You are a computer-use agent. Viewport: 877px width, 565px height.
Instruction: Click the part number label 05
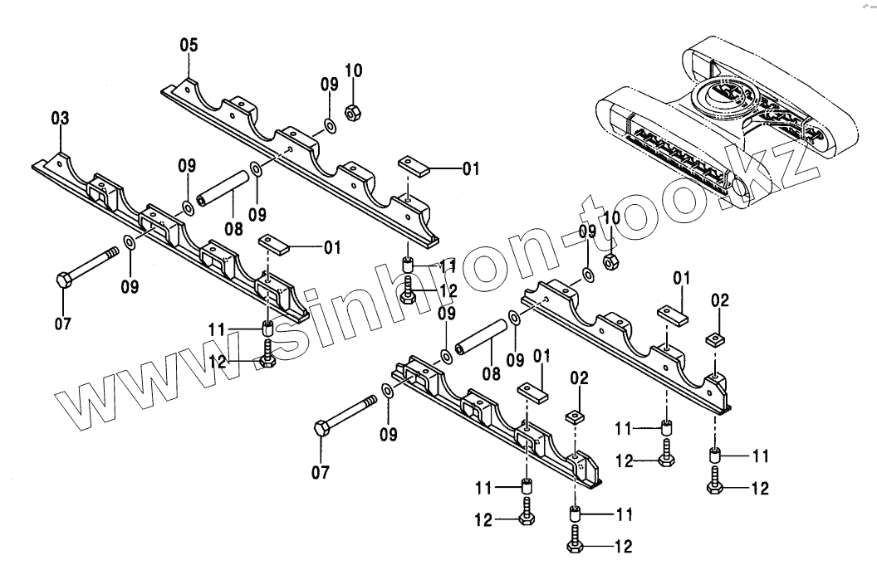pyautogui.click(x=189, y=46)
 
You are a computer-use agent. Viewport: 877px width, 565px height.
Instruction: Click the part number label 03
pyautogui.click(x=60, y=119)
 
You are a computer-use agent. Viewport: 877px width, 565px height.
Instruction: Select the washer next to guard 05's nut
pyautogui.click(x=328, y=126)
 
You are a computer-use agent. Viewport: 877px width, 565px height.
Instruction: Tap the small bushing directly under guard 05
pyautogui.click(x=409, y=265)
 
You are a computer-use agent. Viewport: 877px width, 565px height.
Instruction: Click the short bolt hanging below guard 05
pyautogui.click(x=408, y=290)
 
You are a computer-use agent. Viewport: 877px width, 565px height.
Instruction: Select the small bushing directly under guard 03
pyautogui.click(x=268, y=326)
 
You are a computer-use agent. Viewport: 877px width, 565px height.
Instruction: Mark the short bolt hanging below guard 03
pyautogui.click(x=268, y=354)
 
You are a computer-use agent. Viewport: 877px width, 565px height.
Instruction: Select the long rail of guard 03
pyautogui.click(x=166, y=241)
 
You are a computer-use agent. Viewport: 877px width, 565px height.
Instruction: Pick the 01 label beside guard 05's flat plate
pyautogui.click(x=471, y=168)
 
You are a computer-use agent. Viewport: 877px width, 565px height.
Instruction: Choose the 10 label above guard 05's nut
pyautogui.click(x=354, y=71)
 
